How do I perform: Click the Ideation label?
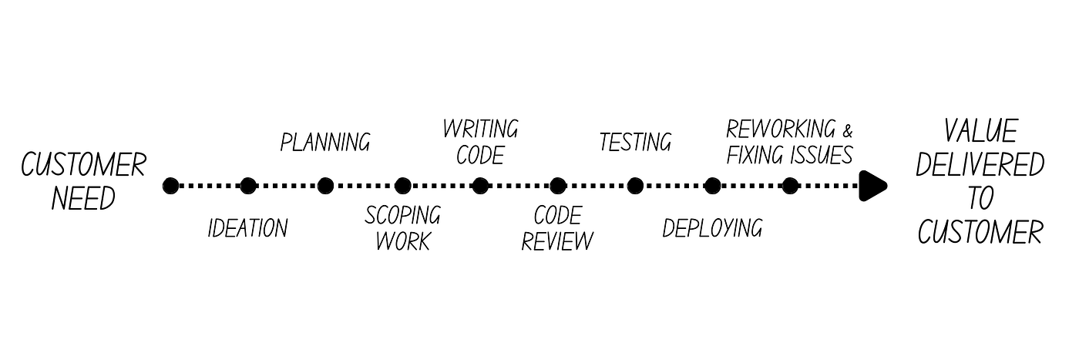coord(247,229)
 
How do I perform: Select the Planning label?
coord(325,143)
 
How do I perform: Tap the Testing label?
coord(635,143)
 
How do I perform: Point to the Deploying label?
coord(712,228)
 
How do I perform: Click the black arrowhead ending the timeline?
coord(873,186)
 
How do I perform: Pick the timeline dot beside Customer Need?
coord(171,186)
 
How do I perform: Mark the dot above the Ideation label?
coord(248,186)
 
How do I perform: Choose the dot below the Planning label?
coord(325,186)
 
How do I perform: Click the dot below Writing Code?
coord(480,186)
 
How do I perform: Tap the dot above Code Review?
coord(558,186)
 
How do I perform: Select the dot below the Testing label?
coord(635,186)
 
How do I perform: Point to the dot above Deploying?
coord(713,186)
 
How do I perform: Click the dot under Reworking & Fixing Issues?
coord(790,186)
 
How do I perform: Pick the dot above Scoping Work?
coord(403,186)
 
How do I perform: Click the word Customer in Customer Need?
coord(83,165)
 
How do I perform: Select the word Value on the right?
coord(980,130)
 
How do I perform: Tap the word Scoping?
coord(403,215)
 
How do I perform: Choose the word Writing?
coord(480,129)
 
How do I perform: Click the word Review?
coord(557,241)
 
